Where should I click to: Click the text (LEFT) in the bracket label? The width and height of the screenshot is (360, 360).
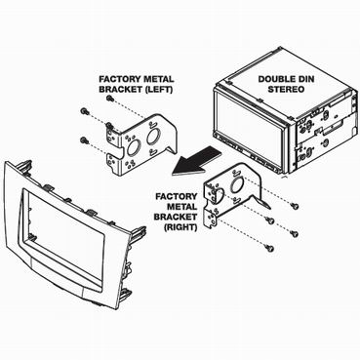point(158,89)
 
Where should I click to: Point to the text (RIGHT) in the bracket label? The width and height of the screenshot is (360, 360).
point(181,227)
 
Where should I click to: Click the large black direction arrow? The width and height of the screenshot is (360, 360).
point(196,161)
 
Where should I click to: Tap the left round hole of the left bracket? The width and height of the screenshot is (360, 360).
point(133,148)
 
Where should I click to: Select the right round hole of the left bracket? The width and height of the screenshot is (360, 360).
point(152,137)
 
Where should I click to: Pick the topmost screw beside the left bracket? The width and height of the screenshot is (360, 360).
point(109,98)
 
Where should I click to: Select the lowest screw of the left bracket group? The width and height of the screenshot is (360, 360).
point(83,140)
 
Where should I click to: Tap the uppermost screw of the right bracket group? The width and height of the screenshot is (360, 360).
point(296,206)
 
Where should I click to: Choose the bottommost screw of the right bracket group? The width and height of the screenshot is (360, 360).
point(270,249)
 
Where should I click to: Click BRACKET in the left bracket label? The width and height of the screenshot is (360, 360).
point(120,89)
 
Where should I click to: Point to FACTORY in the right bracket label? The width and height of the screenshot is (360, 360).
point(177,196)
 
